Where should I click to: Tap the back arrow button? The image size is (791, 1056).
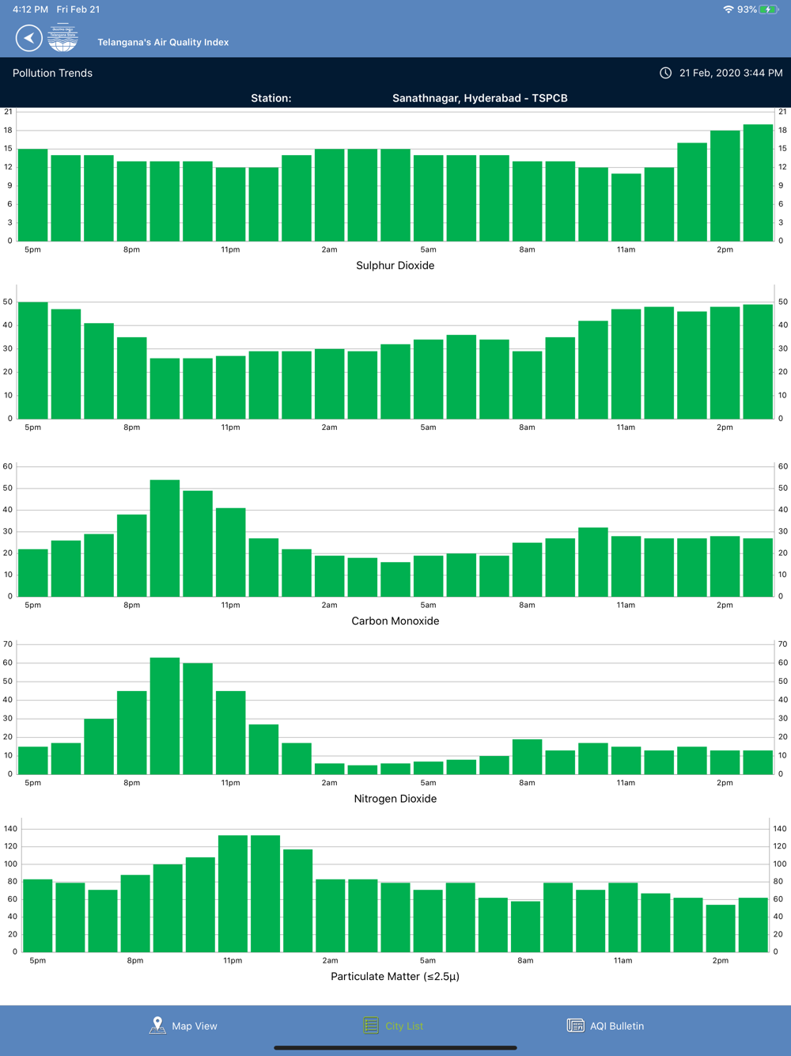28,38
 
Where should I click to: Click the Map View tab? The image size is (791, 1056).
184,1026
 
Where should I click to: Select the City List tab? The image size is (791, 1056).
394,1026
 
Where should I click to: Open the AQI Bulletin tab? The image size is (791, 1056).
606,1026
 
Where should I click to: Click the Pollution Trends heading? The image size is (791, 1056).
52,73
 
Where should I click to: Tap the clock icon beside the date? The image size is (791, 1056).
666,73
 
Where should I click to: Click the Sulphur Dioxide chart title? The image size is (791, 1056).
395,265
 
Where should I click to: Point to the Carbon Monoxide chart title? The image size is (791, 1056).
395,621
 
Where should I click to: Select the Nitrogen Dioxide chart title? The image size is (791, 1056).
395,799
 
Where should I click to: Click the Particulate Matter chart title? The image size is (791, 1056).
395,976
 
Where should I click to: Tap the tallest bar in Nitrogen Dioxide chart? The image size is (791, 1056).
165,716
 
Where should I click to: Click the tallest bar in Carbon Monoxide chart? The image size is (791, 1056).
165,538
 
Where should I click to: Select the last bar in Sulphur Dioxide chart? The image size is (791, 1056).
758,183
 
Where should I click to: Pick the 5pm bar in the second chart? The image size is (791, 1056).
33,360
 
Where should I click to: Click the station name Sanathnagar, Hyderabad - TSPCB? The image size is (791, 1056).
479,98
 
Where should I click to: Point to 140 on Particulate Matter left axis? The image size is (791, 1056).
10,829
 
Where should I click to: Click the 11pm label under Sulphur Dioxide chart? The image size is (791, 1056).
230,249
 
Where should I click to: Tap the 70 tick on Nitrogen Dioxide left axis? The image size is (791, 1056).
8,644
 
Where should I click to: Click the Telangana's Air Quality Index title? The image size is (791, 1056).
163,42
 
